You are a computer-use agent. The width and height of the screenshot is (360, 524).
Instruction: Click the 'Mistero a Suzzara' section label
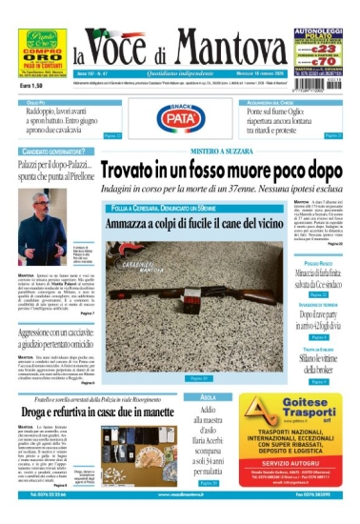pyautogui.click(x=224, y=151)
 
